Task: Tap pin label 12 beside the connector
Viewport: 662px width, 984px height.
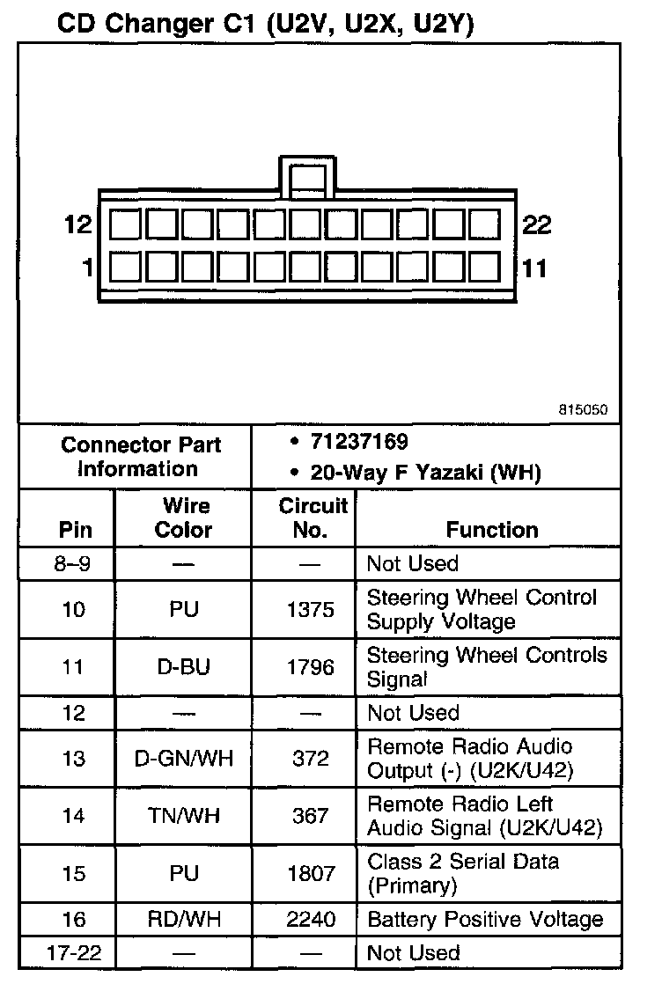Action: (78, 225)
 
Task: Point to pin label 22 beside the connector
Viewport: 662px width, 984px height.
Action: (536, 225)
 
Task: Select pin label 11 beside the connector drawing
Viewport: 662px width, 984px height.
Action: (534, 268)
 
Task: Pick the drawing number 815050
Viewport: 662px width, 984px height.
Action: (582, 410)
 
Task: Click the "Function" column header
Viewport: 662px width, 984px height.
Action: (492, 530)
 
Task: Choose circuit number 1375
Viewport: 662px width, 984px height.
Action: (311, 609)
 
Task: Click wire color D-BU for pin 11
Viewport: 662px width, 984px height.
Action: (183, 667)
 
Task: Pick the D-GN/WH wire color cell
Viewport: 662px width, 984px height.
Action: (183, 759)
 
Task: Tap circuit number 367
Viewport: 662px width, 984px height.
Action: (311, 816)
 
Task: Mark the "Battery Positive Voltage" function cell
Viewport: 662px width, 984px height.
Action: (485, 920)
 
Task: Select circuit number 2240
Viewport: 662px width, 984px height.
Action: (311, 920)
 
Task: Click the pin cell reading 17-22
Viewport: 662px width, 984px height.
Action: (74, 953)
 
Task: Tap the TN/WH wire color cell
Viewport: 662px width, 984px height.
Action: (183, 816)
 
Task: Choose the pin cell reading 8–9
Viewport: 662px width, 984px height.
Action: (74, 563)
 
